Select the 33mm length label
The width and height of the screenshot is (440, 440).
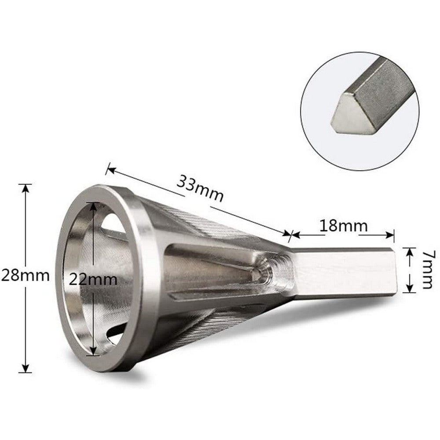200,188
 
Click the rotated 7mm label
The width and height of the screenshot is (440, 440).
426,270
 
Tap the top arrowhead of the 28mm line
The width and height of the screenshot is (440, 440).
26,187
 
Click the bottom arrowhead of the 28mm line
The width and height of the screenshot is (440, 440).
26,368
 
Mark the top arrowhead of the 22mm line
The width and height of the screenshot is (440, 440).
93,206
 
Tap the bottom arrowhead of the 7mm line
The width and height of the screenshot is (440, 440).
410,289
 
